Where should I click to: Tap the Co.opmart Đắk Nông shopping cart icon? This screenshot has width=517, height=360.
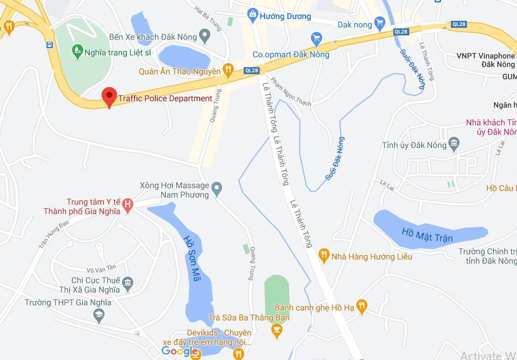(316, 38)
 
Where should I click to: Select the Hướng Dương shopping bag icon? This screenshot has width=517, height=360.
(253, 15)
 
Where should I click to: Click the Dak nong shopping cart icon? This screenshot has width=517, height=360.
(380, 23)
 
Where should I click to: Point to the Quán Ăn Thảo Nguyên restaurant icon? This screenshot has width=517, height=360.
(228, 71)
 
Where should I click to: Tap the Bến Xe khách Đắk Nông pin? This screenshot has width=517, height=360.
(204, 35)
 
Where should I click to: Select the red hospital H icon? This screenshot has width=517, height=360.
(127, 205)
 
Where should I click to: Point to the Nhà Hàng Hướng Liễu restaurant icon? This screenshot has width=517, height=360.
(323, 256)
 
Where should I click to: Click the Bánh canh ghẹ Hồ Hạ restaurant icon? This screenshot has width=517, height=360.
(362, 307)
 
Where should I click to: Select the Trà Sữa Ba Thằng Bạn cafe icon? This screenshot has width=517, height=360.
(277, 330)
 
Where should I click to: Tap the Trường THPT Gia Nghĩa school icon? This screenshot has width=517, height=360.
(99, 315)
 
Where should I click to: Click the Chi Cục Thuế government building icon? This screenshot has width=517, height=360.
(127, 283)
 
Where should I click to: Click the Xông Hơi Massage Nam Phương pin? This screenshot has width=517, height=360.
(217, 189)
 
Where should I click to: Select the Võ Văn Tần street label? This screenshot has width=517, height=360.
(102, 270)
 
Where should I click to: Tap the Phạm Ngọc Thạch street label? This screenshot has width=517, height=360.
(291, 92)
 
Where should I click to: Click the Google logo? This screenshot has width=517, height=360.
(179, 351)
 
